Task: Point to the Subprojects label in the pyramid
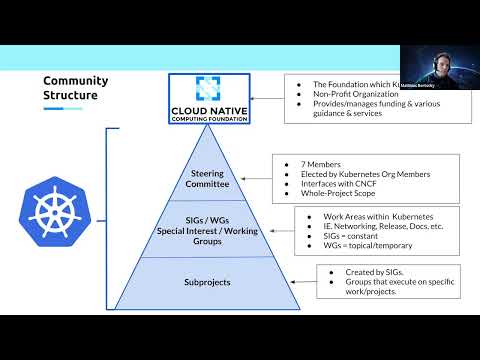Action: (208, 282)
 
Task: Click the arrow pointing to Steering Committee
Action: (256, 178)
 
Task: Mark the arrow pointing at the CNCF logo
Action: (266, 97)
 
